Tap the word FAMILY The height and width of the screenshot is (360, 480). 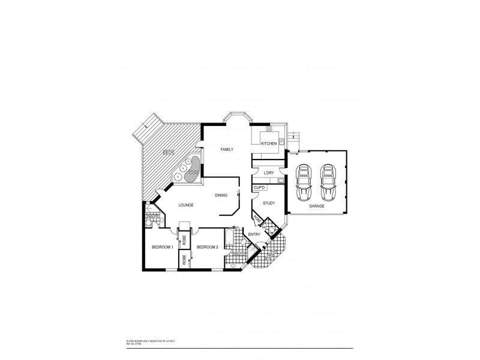(226, 149)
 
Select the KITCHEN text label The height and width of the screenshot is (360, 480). (268, 143)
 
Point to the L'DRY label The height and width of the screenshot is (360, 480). (268, 173)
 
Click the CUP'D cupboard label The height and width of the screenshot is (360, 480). (260, 188)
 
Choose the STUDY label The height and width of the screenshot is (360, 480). (269, 203)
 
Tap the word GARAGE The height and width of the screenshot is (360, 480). (316, 206)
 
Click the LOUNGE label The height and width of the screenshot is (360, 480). (185, 206)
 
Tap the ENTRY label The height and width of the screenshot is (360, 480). (254, 234)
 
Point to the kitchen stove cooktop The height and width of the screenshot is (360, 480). (269, 130)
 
